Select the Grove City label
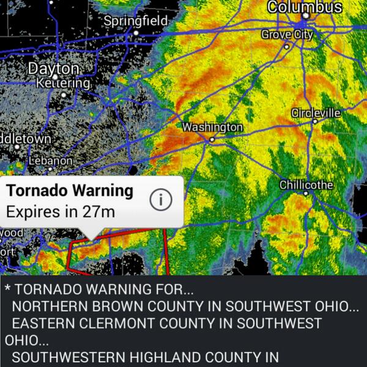(287, 34)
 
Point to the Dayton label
(54, 69)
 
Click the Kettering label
(64, 83)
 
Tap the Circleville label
(316, 113)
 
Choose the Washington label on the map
(213, 127)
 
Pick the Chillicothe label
(306, 185)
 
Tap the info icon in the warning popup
(161, 200)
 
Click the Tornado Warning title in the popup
(70, 191)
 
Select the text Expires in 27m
(61, 212)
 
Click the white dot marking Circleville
(314, 122)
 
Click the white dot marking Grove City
(286, 46)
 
